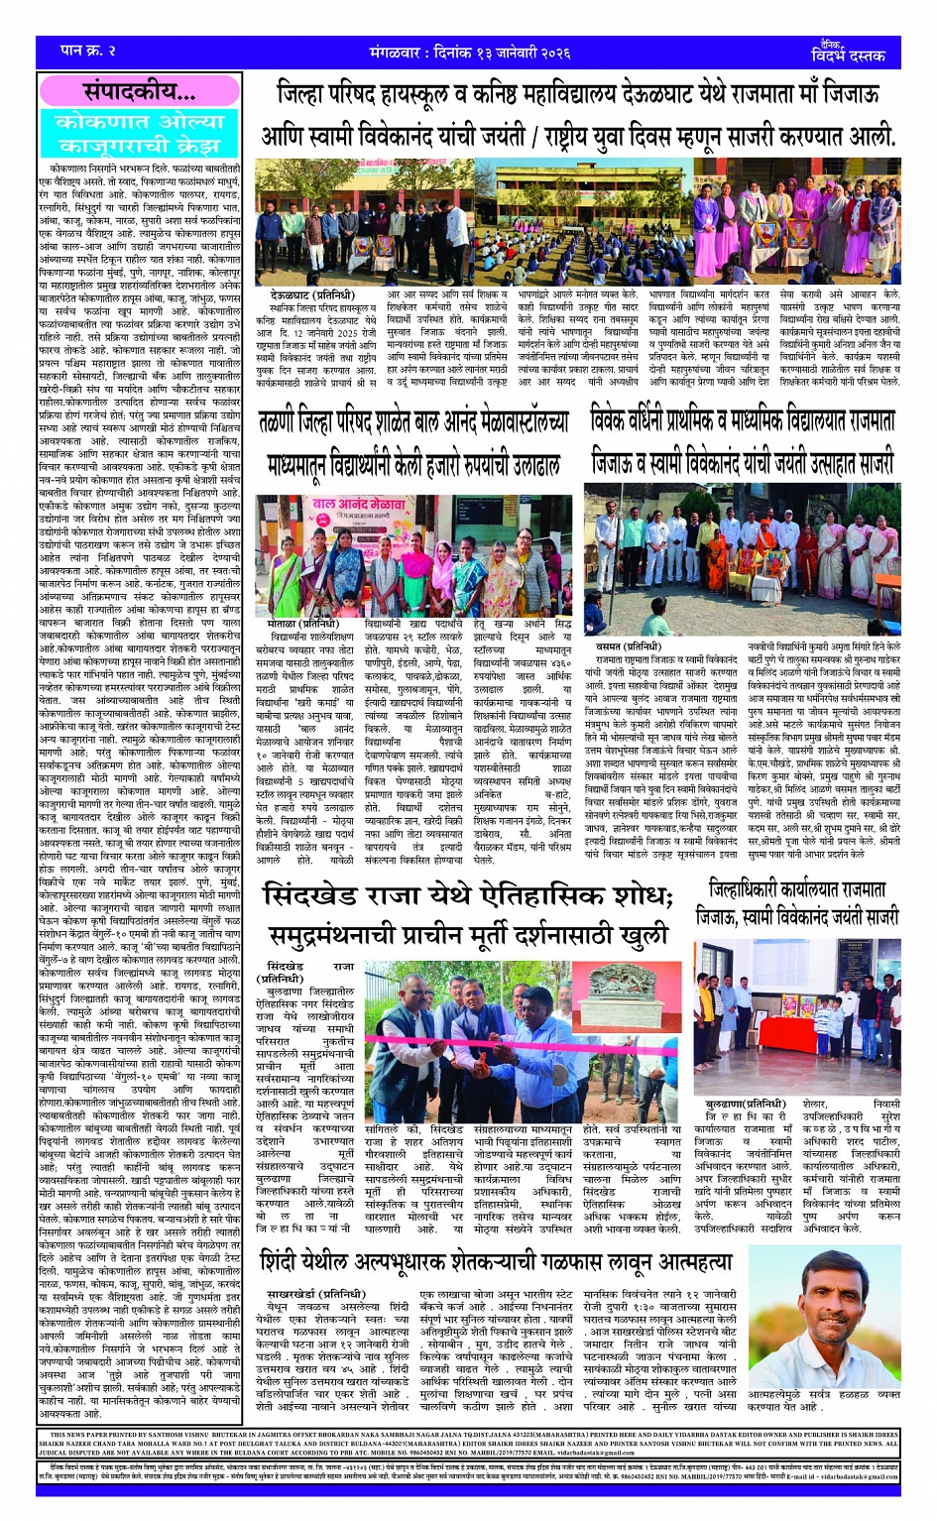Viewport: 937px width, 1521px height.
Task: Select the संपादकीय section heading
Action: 140,93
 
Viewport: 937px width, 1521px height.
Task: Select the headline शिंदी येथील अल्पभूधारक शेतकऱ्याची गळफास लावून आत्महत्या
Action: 496,1261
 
